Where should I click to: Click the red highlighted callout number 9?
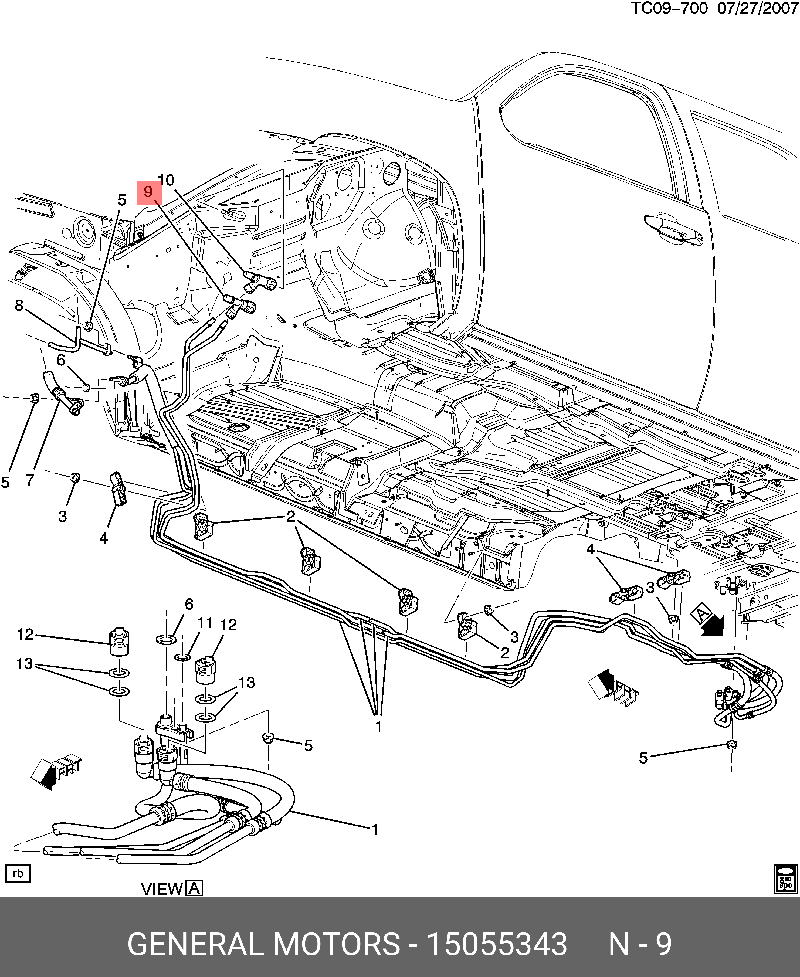[x=149, y=192]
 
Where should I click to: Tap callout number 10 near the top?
[x=166, y=180]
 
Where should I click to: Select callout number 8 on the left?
[x=19, y=305]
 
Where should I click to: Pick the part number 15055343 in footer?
[x=497, y=941]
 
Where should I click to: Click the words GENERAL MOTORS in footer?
[x=264, y=941]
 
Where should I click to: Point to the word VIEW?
[x=162, y=888]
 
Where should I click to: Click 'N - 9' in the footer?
[x=640, y=941]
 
